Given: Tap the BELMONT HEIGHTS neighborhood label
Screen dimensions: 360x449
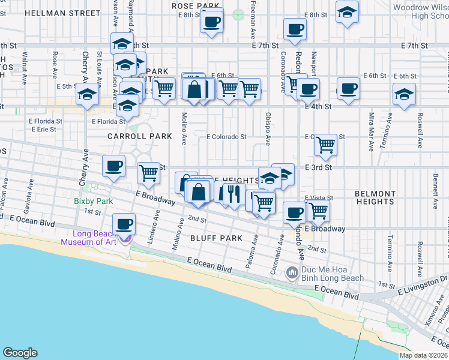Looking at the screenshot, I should click(x=375, y=198).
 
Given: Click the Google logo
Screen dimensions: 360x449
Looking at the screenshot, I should click(x=20, y=353).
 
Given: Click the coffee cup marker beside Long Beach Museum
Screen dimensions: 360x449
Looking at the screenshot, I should click(x=125, y=224).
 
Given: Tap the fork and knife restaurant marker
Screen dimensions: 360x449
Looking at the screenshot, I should click(x=232, y=193).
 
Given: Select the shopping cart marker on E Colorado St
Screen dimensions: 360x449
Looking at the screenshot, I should click(x=325, y=144).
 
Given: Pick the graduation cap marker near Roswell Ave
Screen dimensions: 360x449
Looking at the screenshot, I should click(x=404, y=94).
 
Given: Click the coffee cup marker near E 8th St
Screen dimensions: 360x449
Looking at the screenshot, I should click(x=211, y=23).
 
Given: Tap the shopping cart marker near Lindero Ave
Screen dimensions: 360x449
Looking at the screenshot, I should click(x=148, y=173).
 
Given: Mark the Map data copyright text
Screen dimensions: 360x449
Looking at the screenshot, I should click(x=423, y=355).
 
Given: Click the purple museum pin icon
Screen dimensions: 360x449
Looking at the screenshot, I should click(x=125, y=239).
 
